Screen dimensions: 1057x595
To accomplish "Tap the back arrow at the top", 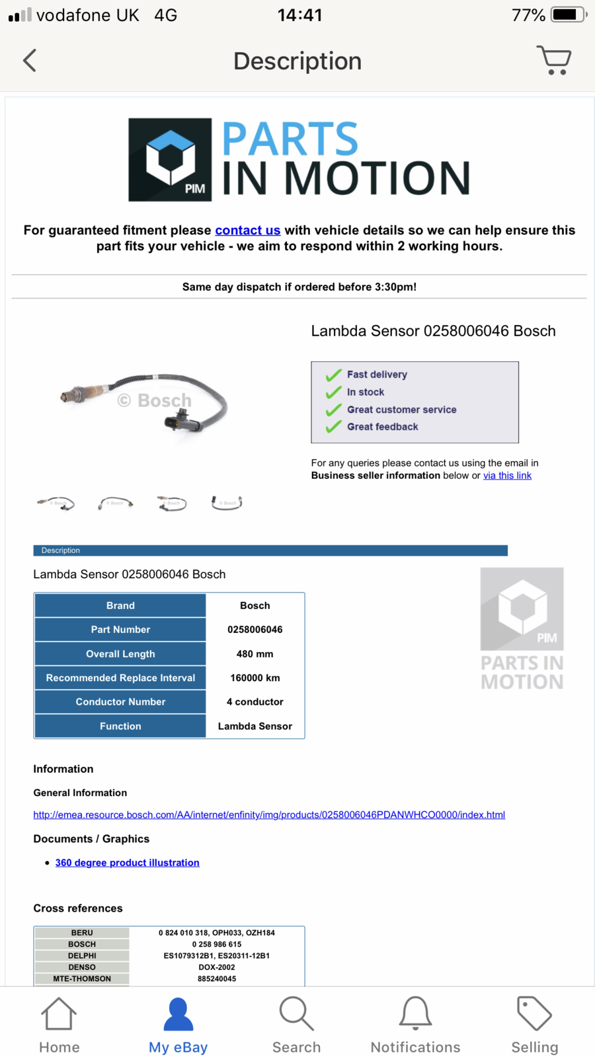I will click(x=30, y=61).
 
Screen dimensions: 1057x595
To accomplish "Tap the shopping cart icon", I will click(x=554, y=60).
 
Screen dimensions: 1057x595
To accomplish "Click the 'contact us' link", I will click(x=248, y=230).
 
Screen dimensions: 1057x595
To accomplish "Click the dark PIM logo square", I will click(x=170, y=160).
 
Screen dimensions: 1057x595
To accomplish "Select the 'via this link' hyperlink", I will click(x=507, y=476).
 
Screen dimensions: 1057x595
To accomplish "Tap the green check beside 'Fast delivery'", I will click(x=333, y=375).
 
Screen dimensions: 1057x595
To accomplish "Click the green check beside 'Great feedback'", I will click(x=333, y=427).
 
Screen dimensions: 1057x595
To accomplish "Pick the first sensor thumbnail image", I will click(x=56, y=503).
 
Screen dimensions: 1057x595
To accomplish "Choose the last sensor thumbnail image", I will click(x=227, y=503).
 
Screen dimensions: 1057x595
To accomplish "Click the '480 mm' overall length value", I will click(x=255, y=654).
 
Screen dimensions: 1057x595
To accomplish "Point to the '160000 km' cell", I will click(x=255, y=678).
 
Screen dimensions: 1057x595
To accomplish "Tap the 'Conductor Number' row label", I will click(x=120, y=702).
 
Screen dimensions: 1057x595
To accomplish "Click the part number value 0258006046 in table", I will click(x=255, y=630).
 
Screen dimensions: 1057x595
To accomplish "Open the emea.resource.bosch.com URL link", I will click(x=269, y=815).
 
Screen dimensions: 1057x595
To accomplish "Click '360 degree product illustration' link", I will click(x=127, y=863).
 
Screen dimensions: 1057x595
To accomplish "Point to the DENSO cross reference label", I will click(x=82, y=967).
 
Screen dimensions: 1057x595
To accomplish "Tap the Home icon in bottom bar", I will click(x=59, y=1014).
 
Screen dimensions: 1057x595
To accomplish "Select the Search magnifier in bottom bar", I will click(x=296, y=1014).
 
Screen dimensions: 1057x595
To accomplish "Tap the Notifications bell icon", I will click(x=415, y=1014).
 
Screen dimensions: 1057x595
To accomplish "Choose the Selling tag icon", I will click(x=534, y=1014).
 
